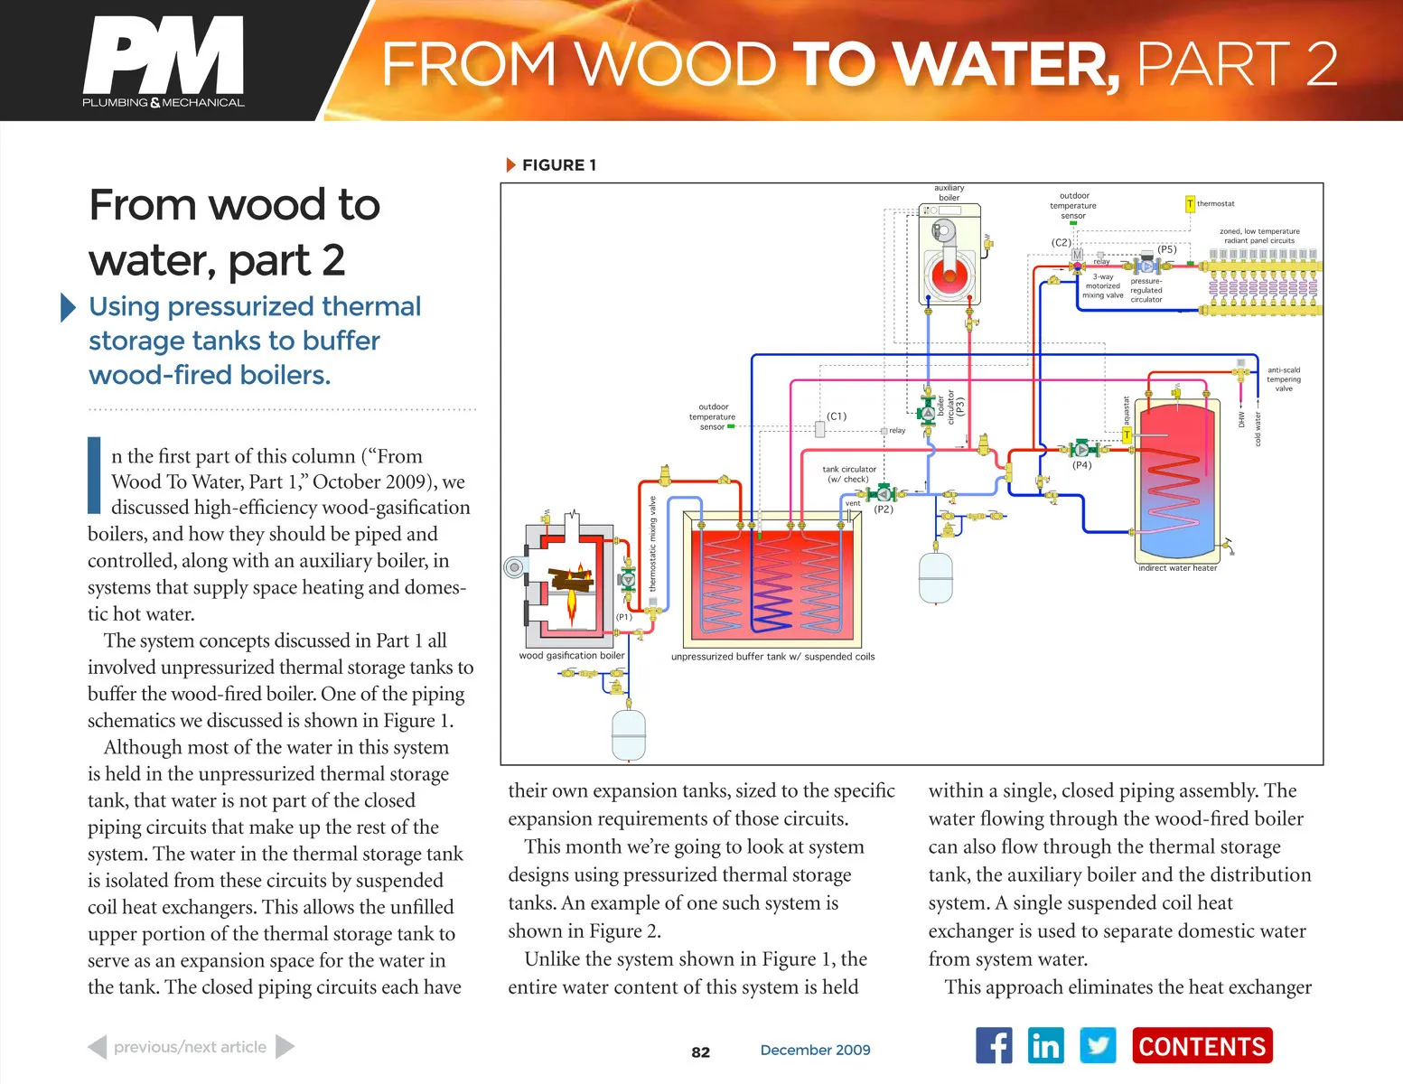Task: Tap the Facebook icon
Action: pyautogui.click(x=994, y=1045)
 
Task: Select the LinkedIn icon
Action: pyautogui.click(x=1045, y=1045)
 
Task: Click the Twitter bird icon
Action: pyautogui.click(x=1098, y=1045)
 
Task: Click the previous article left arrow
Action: pyautogui.click(x=97, y=1047)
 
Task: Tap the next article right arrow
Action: pyautogui.click(x=285, y=1047)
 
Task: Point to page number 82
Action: pyautogui.click(x=700, y=1051)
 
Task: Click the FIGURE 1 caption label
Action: pyautogui.click(x=558, y=164)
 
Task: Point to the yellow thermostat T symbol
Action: pyautogui.click(x=1190, y=204)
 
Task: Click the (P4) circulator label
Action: pyautogui.click(x=1081, y=466)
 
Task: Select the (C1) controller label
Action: pyautogui.click(x=837, y=416)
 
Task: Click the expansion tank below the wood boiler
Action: pyautogui.click(x=629, y=734)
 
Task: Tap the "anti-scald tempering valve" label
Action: pyautogui.click(x=1283, y=379)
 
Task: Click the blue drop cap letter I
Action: pyautogui.click(x=94, y=474)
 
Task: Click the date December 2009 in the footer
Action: pyautogui.click(x=815, y=1050)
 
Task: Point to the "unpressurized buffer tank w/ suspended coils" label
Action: pyautogui.click(x=772, y=657)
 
